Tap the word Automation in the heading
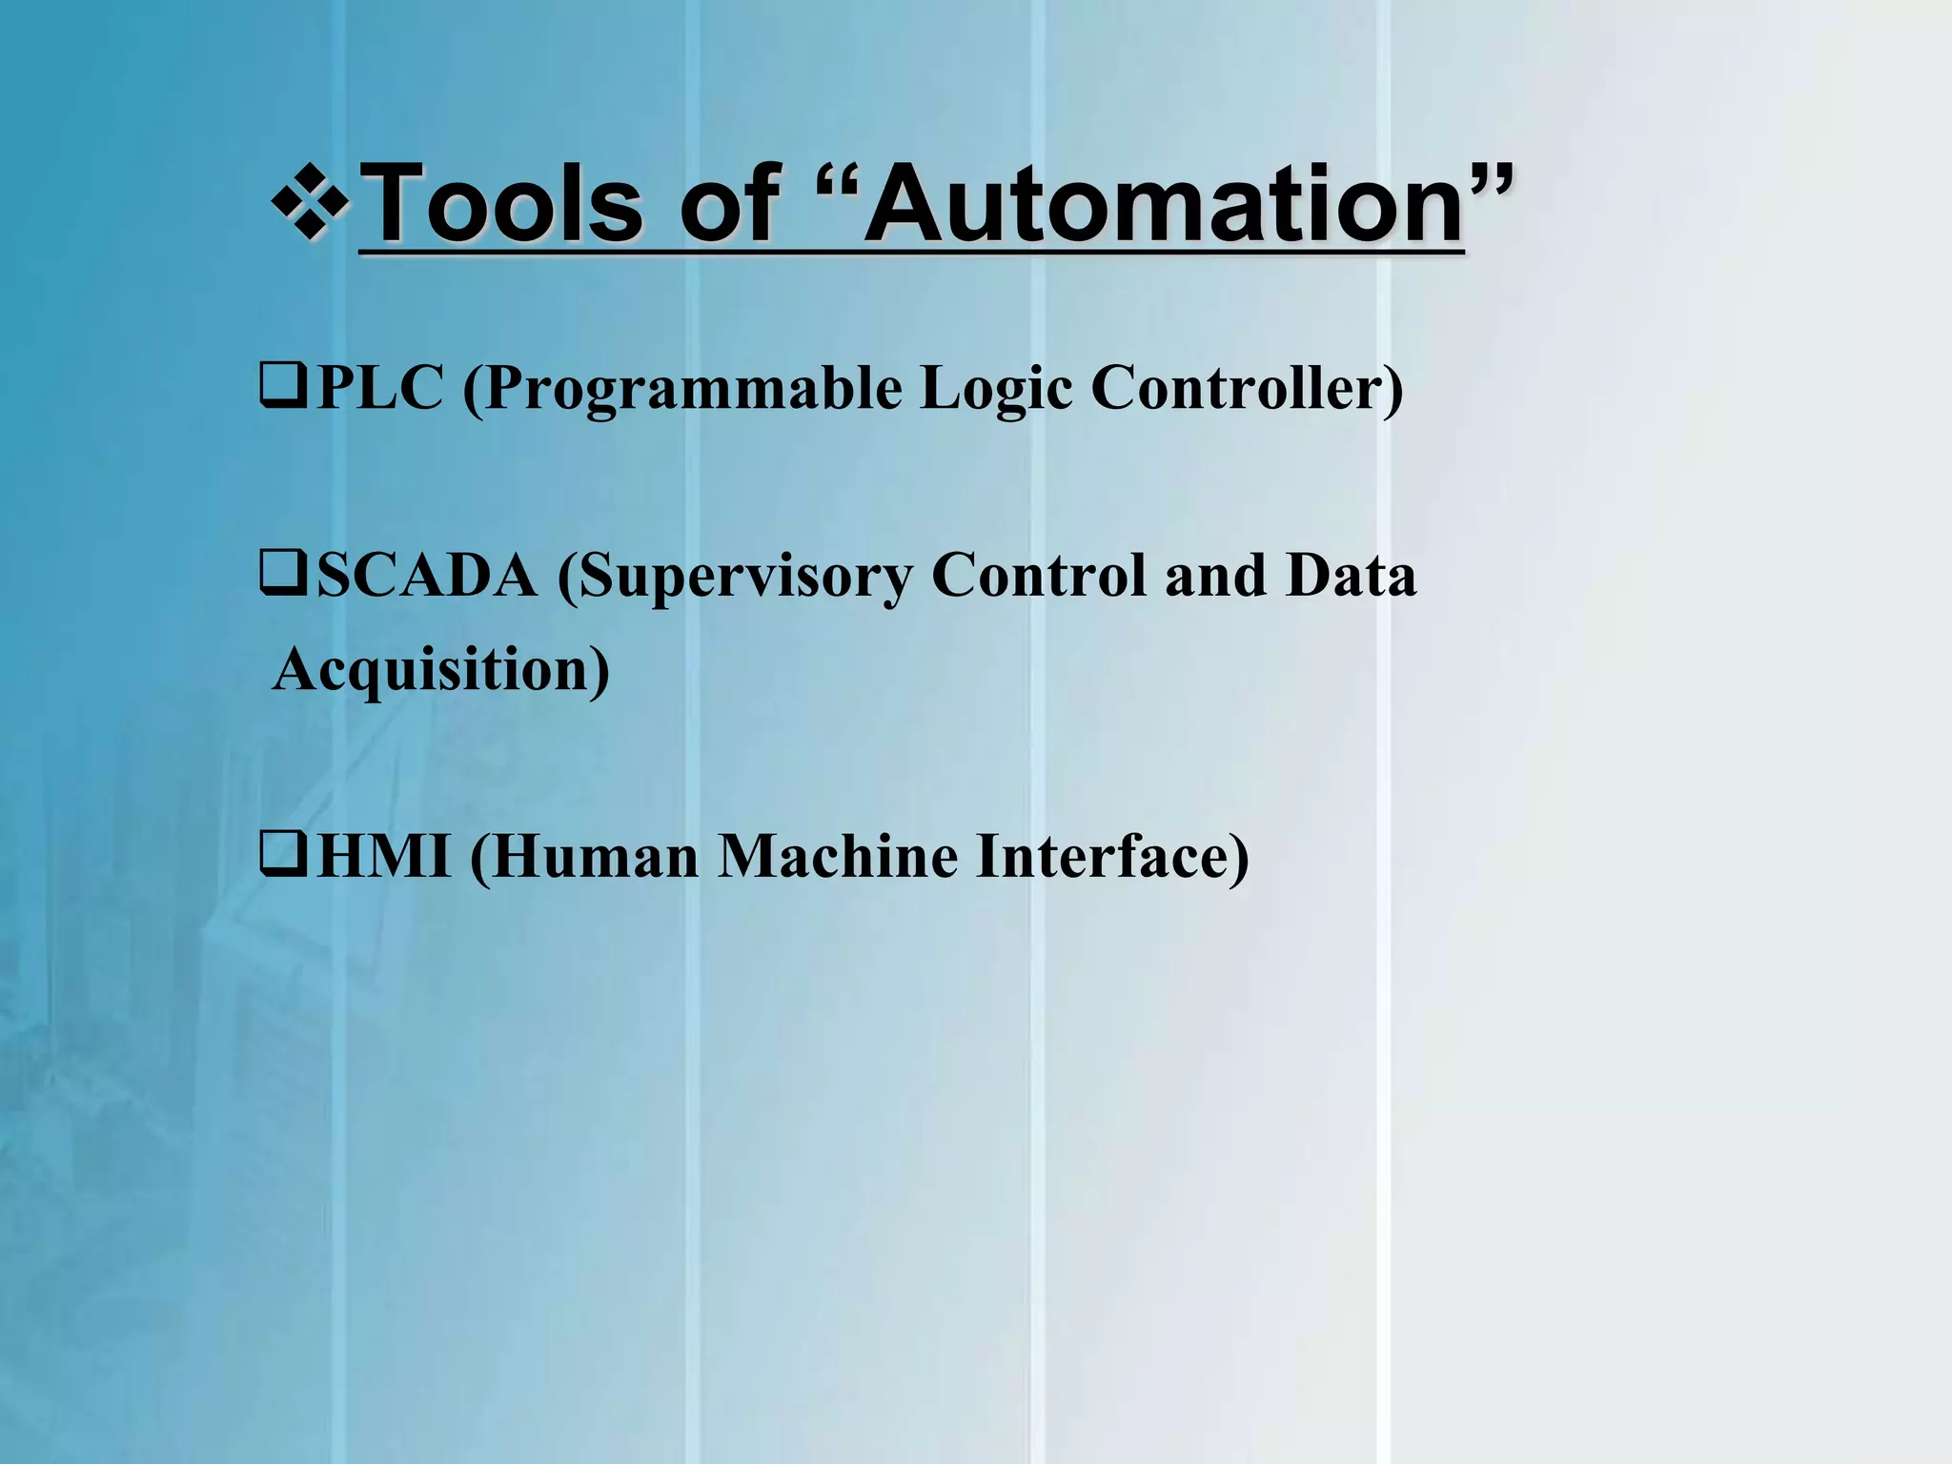click(x=1163, y=203)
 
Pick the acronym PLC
click(x=379, y=388)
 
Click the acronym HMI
click(x=383, y=856)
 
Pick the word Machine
click(x=838, y=856)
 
